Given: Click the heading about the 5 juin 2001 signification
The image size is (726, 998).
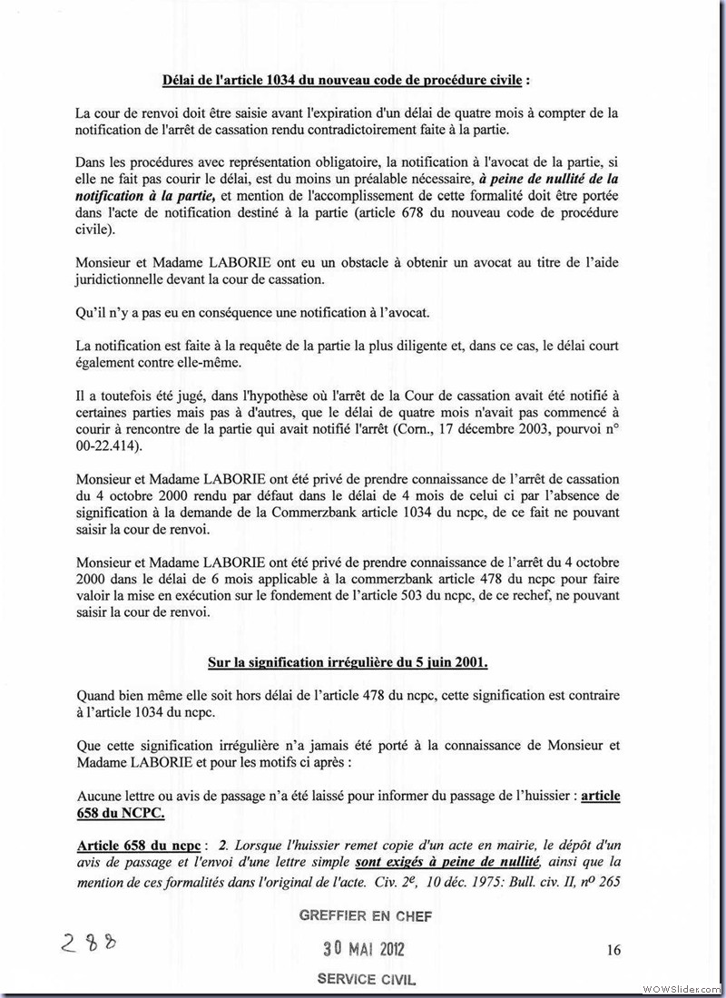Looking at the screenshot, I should (x=348, y=662).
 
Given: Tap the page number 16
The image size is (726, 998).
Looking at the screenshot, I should (x=613, y=950).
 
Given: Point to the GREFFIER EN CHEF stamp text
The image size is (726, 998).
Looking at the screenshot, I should (x=366, y=916).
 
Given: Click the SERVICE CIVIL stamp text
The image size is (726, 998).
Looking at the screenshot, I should (x=366, y=979).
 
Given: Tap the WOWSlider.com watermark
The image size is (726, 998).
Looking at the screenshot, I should (x=680, y=988).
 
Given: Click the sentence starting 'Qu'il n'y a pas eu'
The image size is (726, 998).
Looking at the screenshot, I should (x=252, y=313).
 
